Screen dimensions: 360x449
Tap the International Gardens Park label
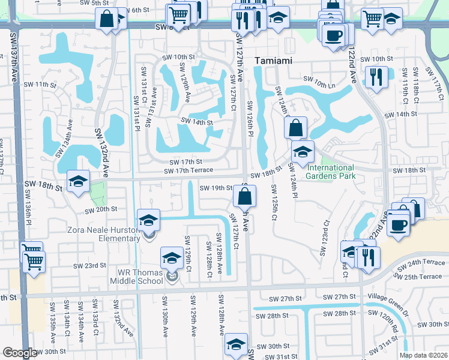coord(330,172)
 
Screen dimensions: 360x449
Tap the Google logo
coord(19,353)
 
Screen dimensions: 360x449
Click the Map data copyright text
coord(423,355)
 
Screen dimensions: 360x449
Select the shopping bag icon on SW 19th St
coord(245,195)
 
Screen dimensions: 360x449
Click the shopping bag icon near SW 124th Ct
coord(296,127)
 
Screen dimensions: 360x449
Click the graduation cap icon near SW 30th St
coord(236,346)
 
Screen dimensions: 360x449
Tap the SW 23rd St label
coord(89,265)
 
